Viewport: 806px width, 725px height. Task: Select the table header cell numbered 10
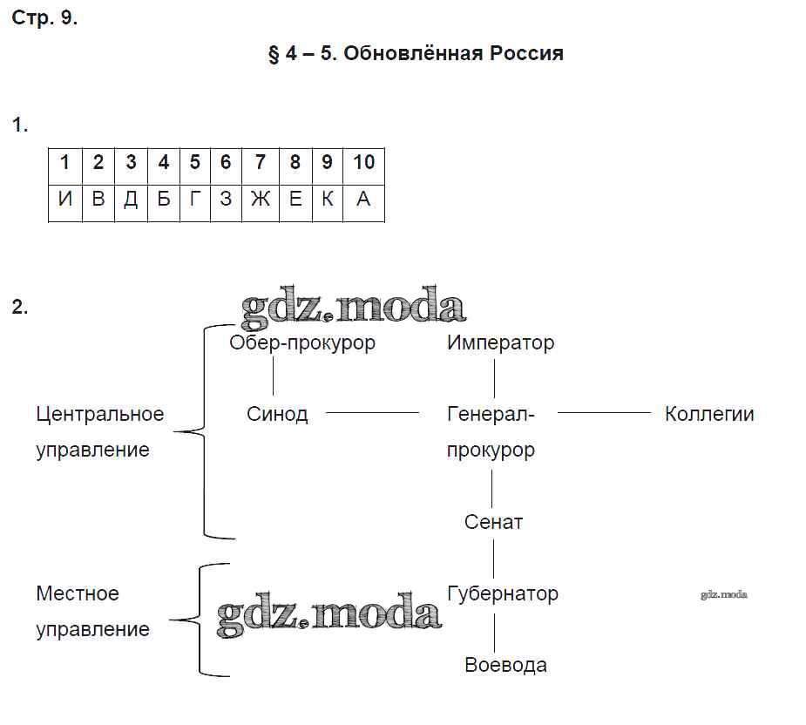pyautogui.click(x=363, y=163)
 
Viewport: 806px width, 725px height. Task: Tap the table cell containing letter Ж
pyautogui.click(x=260, y=199)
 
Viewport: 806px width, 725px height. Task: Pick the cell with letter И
pyautogui.click(x=64, y=199)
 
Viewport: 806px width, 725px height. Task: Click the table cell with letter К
pyautogui.click(x=327, y=199)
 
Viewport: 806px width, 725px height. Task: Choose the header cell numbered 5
pyautogui.click(x=194, y=163)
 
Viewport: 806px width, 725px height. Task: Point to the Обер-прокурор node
pyautogui.click(x=302, y=342)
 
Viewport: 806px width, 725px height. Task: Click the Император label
pyautogui.click(x=500, y=342)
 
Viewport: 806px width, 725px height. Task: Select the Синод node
pyautogui.click(x=277, y=414)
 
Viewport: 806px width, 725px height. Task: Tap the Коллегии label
pyautogui.click(x=709, y=414)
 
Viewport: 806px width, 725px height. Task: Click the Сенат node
pyautogui.click(x=493, y=522)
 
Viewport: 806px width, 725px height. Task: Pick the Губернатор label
pyautogui.click(x=502, y=593)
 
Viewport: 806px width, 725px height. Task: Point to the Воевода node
pyautogui.click(x=505, y=665)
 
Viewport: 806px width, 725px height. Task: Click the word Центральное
pyautogui.click(x=99, y=414)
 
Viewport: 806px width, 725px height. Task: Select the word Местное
pyautogui.click(x=77, y=593)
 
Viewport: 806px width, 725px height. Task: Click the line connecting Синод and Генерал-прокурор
pyautogui.click(x=371, y=413)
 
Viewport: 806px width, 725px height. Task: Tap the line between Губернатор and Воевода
pyautogui.click(x=494, y=629)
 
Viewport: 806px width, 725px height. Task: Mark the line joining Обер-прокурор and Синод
pyautogui.click(x=274, y=377)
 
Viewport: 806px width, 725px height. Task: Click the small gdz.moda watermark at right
pyautogui.click(x=723, y=595)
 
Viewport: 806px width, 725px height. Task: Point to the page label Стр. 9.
pyautogui.click(x=44, y=18)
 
